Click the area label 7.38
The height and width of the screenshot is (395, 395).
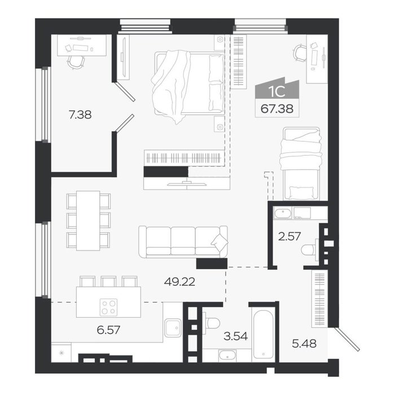tap(80, 115)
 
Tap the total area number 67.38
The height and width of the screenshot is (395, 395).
tap(277, 109)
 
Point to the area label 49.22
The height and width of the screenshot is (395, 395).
tap(179, 282)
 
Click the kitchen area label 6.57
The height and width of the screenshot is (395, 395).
tap(108, 330)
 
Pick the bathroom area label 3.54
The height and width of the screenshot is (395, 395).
tap(236, 336)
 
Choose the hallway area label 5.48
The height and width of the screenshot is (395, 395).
tap(304, 343)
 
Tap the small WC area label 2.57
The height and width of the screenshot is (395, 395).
tap(289, 236)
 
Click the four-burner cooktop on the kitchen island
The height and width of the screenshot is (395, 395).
tap(109, 307)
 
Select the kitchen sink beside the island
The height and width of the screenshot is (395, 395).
tap(173, 328)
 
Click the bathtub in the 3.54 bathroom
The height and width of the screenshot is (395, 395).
tap(263, 334)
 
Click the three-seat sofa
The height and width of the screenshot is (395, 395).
tap(183, 242)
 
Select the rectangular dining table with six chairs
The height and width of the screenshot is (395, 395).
tap(88, 221)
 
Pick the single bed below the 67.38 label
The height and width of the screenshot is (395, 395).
tap(301, 164)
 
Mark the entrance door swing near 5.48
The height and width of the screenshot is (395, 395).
tap(347, 339)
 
